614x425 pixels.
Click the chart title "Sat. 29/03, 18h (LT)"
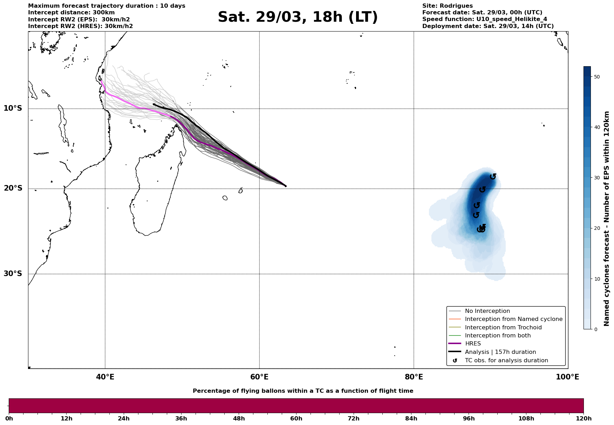click(298, 17)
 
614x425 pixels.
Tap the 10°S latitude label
click(13, 108)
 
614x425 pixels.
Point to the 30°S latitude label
click(13, 274)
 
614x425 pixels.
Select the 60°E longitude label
click(259, 377)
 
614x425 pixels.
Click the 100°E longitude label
click(567, 377)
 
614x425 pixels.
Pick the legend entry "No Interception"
click(487, 311)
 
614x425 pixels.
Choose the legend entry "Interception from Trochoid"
click(503, 328)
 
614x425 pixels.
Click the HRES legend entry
click(473, 344)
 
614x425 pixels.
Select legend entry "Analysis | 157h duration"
click(500, 352)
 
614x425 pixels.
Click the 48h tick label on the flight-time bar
click(239, 418)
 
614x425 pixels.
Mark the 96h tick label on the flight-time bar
click(469, 418)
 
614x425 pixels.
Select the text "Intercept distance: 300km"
click(71, 13)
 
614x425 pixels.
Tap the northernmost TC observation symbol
click(493, 176)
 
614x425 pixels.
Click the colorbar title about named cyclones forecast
click(607, 219)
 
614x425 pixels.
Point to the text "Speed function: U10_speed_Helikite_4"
click(484, 19)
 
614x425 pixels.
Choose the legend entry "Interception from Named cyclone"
click(513, 319)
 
